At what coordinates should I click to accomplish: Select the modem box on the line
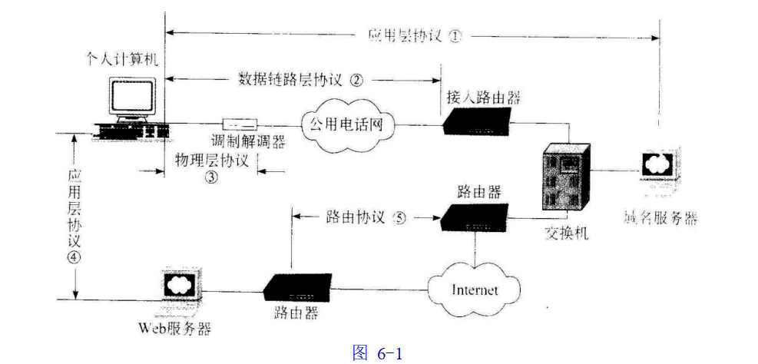click(240, 124)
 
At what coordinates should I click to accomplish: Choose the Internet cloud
click(474, 290)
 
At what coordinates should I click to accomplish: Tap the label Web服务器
click(174, 329)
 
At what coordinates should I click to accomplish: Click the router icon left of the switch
click(474, 217)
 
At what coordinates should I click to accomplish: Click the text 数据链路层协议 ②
click(300, 78)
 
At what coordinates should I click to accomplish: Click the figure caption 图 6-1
click(377, 352)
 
